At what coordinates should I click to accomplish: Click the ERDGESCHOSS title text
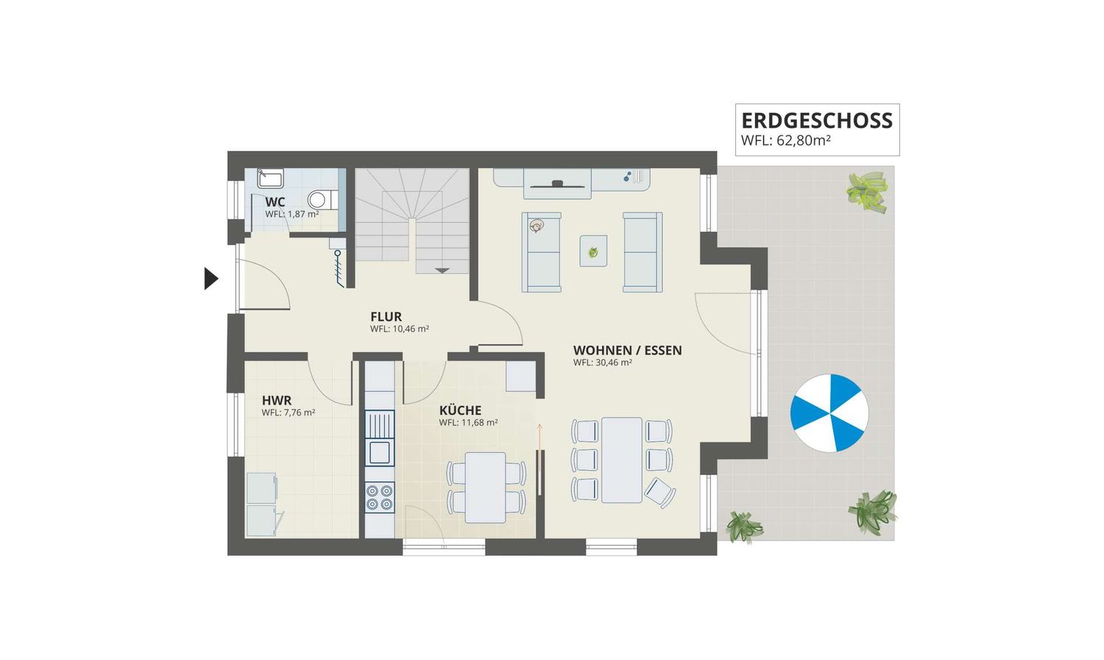click(817, 120)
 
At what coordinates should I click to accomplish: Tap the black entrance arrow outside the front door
click(211, 278)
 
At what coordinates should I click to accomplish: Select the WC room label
click(275, 203)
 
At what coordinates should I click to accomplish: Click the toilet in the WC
click(323, 200)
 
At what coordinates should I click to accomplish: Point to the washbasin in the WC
click(270, 178)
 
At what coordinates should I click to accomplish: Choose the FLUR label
click(386, 317)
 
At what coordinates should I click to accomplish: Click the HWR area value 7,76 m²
click(299, 412)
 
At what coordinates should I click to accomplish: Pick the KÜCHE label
click(460, 410)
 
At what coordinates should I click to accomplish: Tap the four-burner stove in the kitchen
click(380, 497)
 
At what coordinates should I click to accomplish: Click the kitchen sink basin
click(380, 452)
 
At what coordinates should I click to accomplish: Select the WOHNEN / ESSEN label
click(627, 350)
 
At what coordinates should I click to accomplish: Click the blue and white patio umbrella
click(829, 413)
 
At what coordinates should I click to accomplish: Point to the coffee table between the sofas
click(593, 251)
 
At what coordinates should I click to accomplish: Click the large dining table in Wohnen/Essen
click(621, 460)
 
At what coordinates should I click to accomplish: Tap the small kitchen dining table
click(486, 488)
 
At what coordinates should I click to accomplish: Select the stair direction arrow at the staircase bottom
click(442, 270)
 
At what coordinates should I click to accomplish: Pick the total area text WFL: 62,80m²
click(785, 141)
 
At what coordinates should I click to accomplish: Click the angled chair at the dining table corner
click(660, 493)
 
